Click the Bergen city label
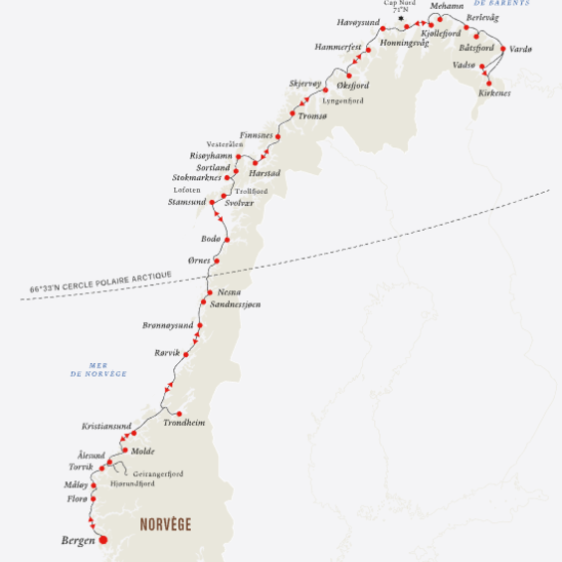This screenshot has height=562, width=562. tap(76, 541)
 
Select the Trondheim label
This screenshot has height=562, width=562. tap(184, 423)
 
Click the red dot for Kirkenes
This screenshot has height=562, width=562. tap(488, 83)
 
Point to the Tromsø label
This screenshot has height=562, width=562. tap(312, 116)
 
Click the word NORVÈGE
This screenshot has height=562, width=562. tap(164, 524)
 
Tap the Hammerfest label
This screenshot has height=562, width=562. tap(336, 47)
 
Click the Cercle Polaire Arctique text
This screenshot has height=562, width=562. tap(100, 282)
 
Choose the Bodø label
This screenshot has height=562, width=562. tap(211, 239)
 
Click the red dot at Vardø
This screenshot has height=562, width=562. tap(502, 49)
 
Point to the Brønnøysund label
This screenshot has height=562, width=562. tap(165, 325)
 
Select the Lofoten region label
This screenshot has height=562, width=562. tap(187, 189)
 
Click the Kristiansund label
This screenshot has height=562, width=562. tap(106, 426)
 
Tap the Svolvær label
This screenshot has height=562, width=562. tap(240, 202)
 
